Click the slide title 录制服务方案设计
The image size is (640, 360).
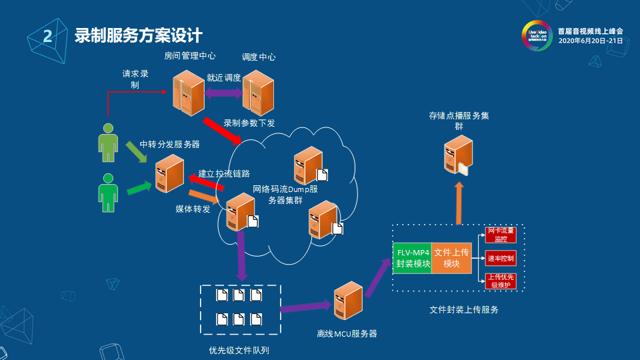coord(138,35)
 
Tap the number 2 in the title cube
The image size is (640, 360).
coord(47,37)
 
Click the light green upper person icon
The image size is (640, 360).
coord(107,142)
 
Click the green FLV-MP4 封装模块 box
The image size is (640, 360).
coord(413,258)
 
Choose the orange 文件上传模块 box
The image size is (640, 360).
coord(451,258)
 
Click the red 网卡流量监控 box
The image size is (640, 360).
coord(501,235)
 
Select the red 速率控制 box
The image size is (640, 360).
coord(501,258)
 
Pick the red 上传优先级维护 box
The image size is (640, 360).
coord(501,281)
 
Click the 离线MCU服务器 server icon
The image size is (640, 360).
coord(348,301)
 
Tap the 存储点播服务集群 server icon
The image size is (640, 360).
coord(459,154)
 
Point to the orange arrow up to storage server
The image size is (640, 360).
coord(459,204)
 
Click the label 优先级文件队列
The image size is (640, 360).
coord(239,350)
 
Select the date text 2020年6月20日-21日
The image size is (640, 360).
coord(590,41)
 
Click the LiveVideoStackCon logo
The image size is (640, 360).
coord(537,35)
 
